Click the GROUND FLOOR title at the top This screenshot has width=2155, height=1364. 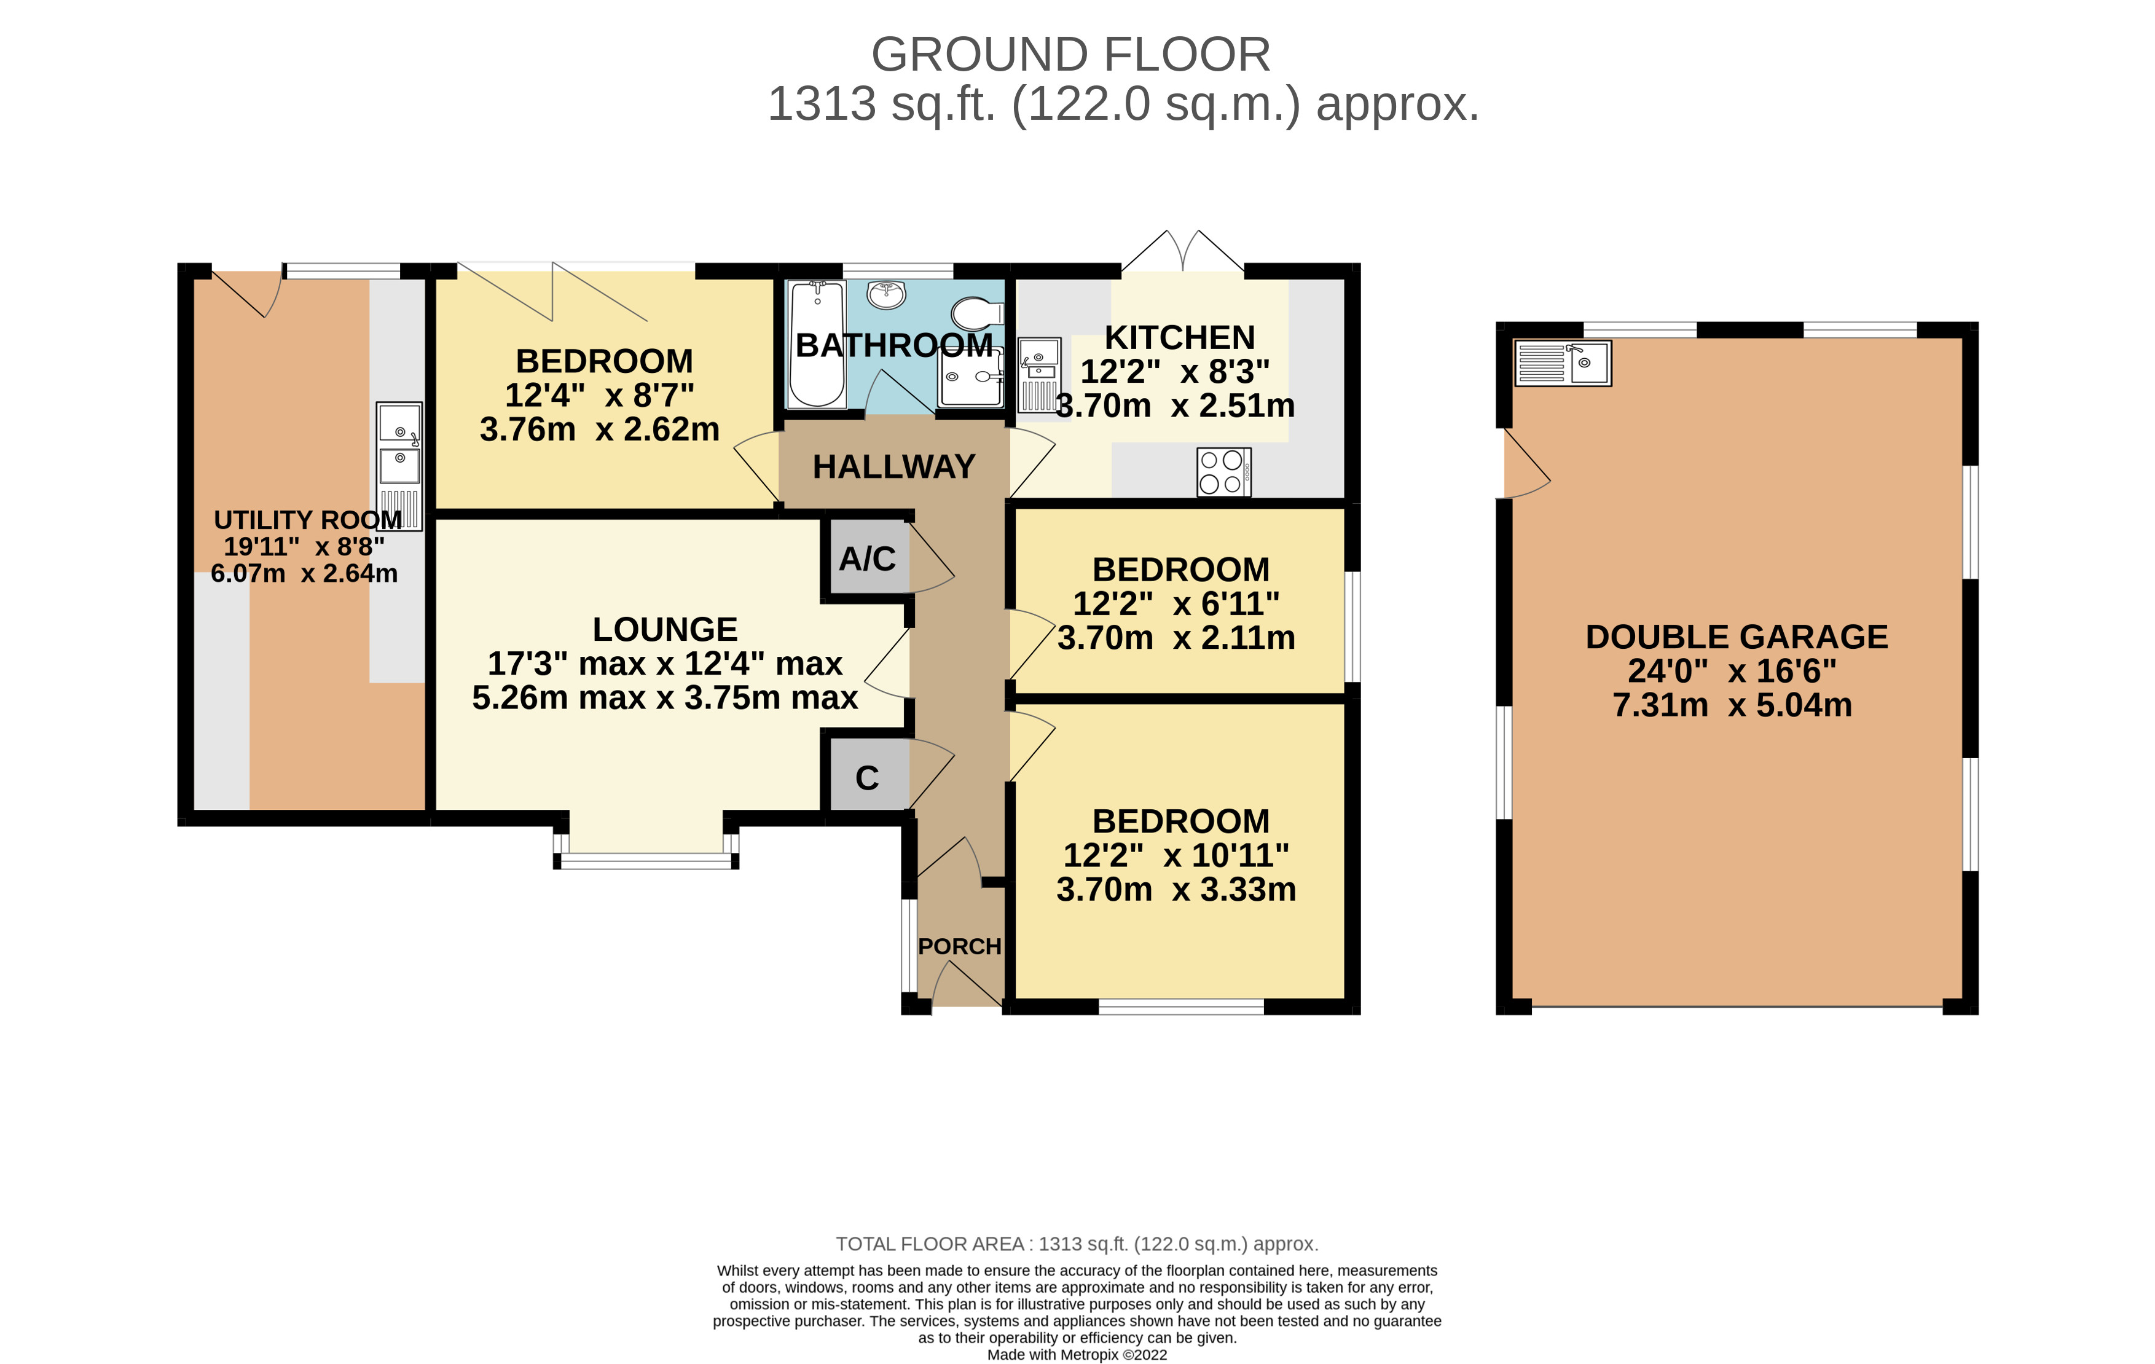(1070, 55)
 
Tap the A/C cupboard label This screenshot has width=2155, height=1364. (866, 559)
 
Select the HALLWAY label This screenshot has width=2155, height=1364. (893, 466)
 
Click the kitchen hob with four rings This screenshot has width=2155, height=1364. (1223, 472)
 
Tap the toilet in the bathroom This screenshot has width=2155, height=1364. (977, 314)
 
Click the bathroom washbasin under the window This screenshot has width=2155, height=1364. (886, 294)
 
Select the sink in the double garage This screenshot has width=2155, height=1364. (1563, 363)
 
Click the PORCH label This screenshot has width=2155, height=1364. (959, 946)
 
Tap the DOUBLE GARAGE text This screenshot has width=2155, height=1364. (1736, 637)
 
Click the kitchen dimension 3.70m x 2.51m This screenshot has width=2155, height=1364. (1175, 406)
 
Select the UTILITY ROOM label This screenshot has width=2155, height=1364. (308, 520)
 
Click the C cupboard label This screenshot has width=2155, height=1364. (866, 778)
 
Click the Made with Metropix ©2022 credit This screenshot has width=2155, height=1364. (1077, 1354)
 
